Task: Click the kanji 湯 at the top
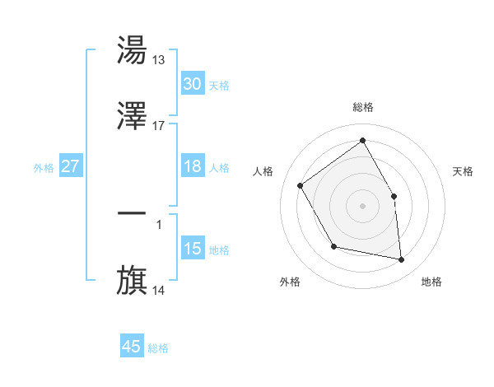[x=132, y=50]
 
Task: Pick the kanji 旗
[x=132, y=281]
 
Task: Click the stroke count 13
[x=159, y=59]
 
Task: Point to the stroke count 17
[x=159, y=126]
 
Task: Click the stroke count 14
[x=159, y=290]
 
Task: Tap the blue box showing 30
[x=192, y=84]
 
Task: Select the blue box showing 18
[x=192, y=166]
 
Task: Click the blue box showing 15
[x=192, y=249]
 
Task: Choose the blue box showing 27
[x=70, y=166]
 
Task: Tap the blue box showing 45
[x=132, y=347]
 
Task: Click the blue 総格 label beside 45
[x=158, y=348]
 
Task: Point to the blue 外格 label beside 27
[x=44, y=168]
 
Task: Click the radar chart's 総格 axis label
[x=363, y=107]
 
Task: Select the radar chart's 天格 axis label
[x=464, y=171]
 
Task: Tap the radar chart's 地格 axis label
[x=431, y=282]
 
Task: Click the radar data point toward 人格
[x=301, y=185]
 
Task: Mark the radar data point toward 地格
[x=401, y=259]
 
